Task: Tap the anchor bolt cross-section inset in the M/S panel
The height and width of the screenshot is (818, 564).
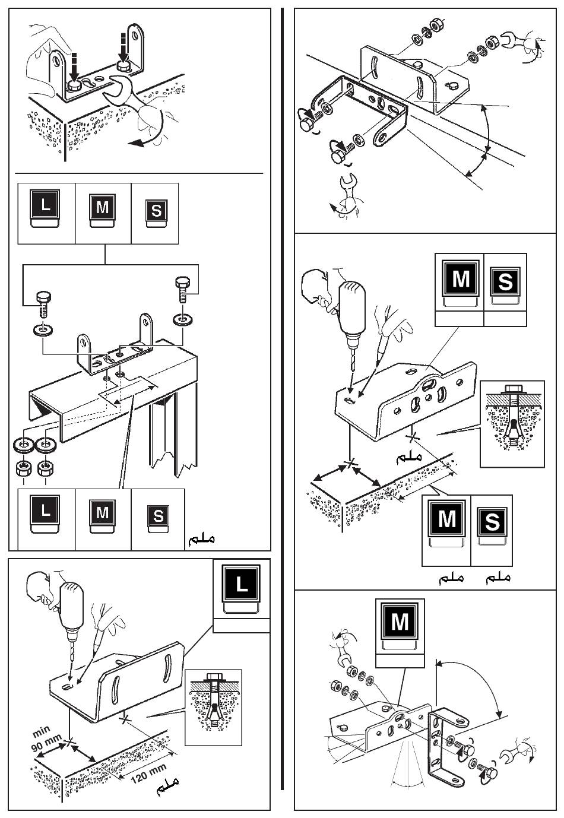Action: (512, 424)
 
